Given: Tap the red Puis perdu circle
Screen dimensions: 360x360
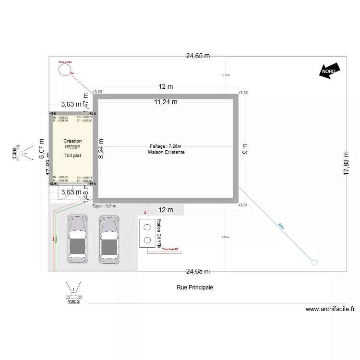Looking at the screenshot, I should (64, 70).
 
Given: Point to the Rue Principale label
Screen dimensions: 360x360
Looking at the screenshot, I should (194, 288).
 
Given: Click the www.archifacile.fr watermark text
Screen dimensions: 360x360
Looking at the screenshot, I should (330, 310).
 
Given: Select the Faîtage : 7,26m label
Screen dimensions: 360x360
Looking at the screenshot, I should (166, 146).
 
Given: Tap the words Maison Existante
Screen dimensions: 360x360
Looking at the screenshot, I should (166, 152).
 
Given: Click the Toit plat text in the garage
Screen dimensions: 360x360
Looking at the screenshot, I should (73, 156).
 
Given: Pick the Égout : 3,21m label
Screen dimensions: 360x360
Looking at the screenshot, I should (105, 206).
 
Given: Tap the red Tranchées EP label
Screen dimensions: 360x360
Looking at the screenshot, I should (170, 249).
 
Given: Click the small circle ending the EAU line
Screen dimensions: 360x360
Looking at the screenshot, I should (314, 262).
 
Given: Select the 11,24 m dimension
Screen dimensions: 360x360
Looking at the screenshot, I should (166, 102).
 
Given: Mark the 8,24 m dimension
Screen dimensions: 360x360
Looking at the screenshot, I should (101, 149).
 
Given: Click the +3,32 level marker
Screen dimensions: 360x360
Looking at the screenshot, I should (243, 92).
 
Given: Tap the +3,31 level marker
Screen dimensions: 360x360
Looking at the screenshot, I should (243, 205).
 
